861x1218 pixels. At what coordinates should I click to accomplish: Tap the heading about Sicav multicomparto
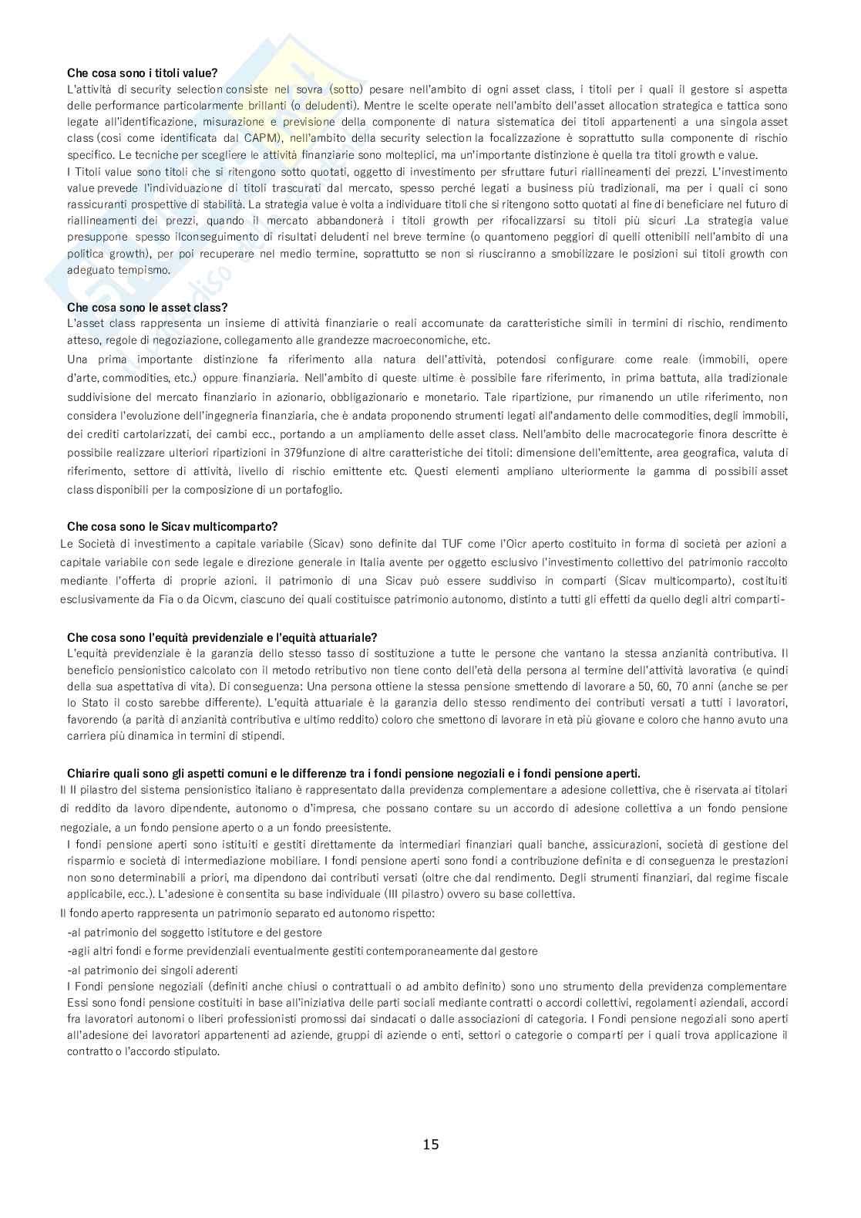pyautogui.click(x=172, y=526)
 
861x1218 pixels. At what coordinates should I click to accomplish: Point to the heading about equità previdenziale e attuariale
pyautogui.click(x=222, y=637)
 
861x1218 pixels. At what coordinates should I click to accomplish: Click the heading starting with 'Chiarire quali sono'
pyautogui.click(x=354, y=773)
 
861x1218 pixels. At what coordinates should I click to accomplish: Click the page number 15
pyautogui.click(x=431, y=1144)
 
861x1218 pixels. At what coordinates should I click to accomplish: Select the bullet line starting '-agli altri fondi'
pyautogui.click(x=302, y=951)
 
